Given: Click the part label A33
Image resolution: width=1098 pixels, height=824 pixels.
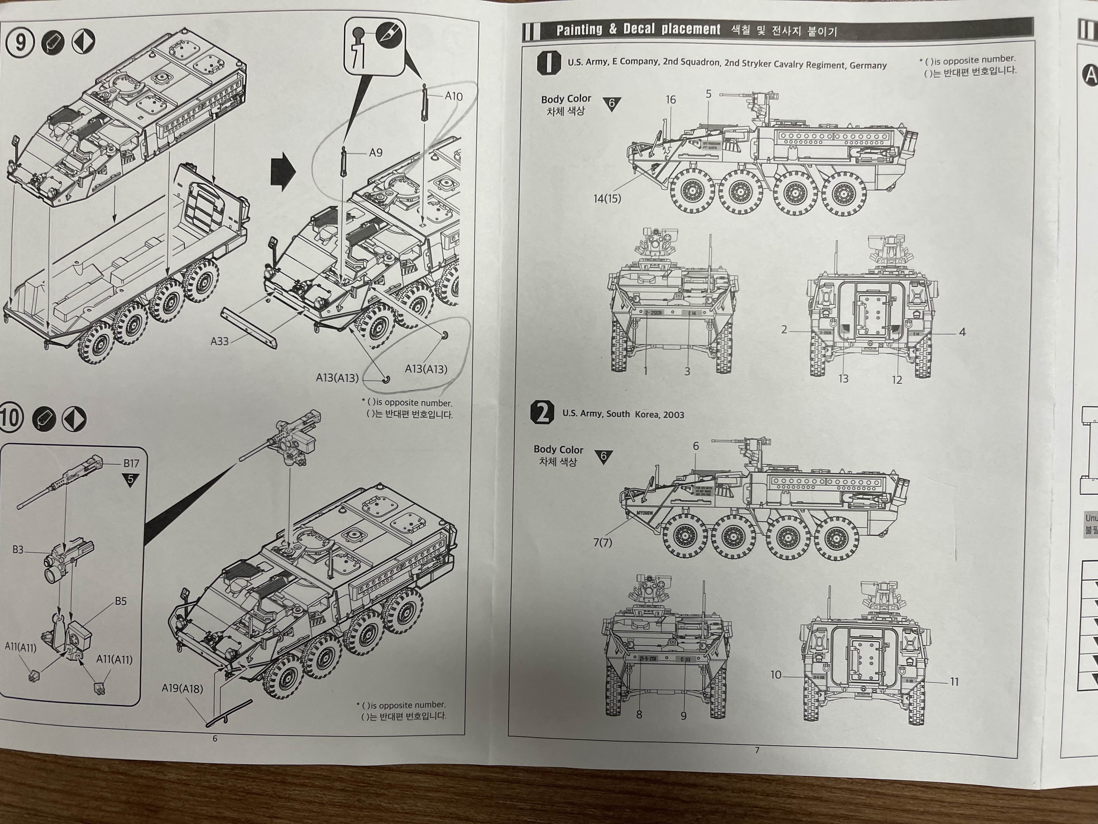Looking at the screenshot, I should coord(219,341).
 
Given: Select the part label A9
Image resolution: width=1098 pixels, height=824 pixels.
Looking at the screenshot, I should coord(376,153).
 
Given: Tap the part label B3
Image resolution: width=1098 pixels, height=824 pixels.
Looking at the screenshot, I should coord(18,550).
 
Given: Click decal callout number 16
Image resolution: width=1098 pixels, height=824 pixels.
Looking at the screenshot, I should coord(671,100).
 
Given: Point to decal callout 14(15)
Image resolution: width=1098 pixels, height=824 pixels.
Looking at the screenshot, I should coord(606,199).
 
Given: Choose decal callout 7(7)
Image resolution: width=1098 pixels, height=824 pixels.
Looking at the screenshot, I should coord(603,542).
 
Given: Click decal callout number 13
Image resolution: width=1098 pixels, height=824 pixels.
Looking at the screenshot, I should coord(843,378).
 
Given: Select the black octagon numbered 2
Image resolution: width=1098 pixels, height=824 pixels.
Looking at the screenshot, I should coord(542,412).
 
